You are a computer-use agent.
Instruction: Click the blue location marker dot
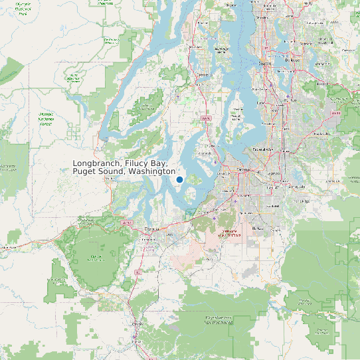pos(179,179)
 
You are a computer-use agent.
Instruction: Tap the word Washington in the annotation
pos(152,172)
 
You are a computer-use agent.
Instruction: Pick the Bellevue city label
pos(293,60)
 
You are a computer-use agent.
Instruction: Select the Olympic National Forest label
pos(46,119)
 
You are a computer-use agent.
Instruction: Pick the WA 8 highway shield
pos(127,223)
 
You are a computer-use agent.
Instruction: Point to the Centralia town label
pos(137,323)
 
